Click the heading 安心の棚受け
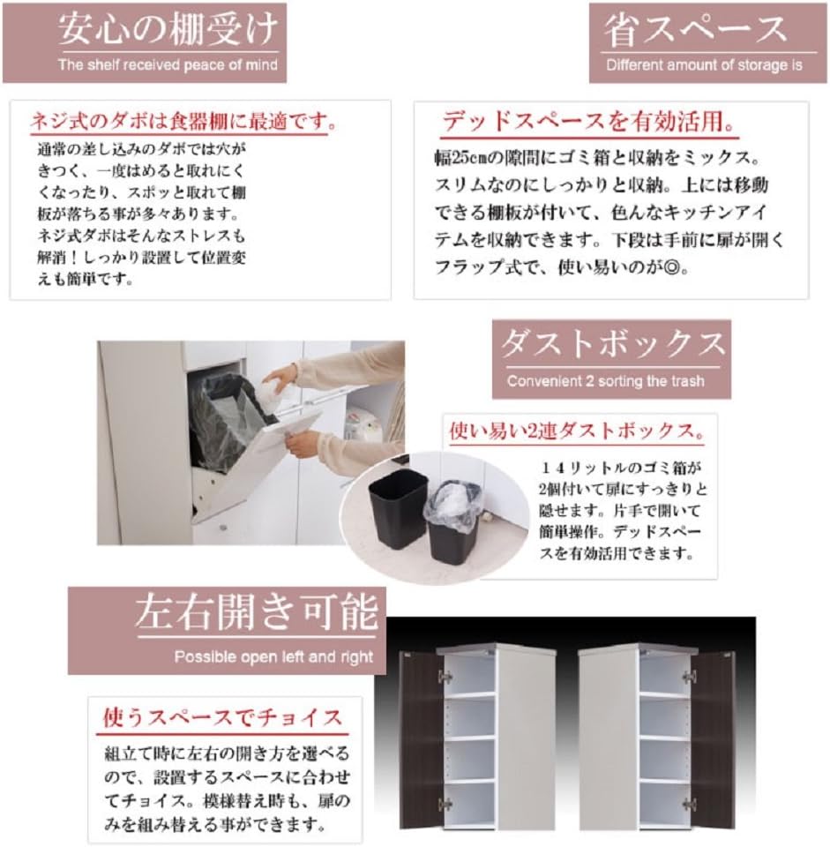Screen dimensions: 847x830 click(168, 30)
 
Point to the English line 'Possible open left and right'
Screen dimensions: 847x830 click(273, 656)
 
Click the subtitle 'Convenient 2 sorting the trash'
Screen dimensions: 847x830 click(606, 382)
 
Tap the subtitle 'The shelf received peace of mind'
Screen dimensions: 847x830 click(168, 65)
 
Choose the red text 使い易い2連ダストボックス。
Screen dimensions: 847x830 click(577, 432)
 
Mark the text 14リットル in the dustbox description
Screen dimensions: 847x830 click(583, 467)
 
